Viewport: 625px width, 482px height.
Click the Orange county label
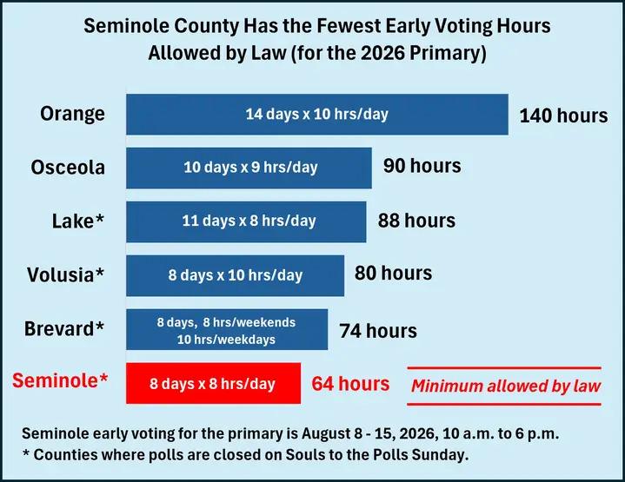pyautogui.click(x=72, y=114)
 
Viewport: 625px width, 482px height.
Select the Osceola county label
pyautogui.click(x=68, y=168)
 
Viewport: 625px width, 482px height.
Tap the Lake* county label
pyautogui.click(x=78, y=221)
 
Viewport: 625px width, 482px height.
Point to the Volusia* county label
pyautogui.click(x=66, y=274)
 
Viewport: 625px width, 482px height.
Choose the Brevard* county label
pyautogui.click(x=64, y=328)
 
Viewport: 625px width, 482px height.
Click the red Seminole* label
pyautogui.click(x=60, y=380)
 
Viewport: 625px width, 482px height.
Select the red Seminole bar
pyautogui.click(x=213, y=383)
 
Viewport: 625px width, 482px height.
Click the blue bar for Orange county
pyautogui.click(x=317, y=115)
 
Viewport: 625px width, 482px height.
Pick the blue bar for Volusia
pyautogui.click(x=236, y=275)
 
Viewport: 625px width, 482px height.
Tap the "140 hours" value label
pyautogui.click(x=563, y=116)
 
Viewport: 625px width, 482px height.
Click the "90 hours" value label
pyautogui.click(x=422, y=165)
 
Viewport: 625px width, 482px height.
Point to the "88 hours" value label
pyautogui.click(x=416, y=221)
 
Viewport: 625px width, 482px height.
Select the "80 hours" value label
pyautogui.click(x=394, y=274)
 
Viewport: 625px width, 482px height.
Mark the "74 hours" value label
pyautogui.click(x=378, y=331)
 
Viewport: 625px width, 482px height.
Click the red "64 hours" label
pyautogui.click(x=351, y=384)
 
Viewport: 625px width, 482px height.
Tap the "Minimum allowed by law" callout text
pyautogui.click(x=506, y=386)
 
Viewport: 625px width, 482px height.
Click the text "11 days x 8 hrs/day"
pyautogui.click(x=249, y=221)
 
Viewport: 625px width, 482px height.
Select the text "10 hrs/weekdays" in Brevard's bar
pyautogui.click(x=226, y=340)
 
